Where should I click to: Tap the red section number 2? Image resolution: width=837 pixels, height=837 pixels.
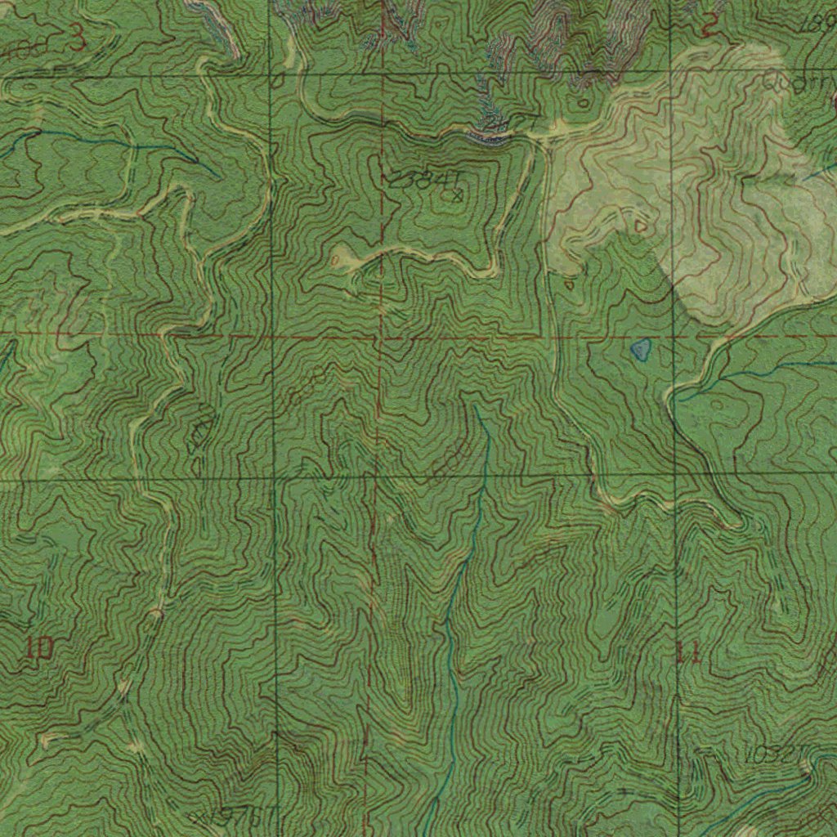coord(709,28)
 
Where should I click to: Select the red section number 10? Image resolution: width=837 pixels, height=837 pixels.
coord(38,649)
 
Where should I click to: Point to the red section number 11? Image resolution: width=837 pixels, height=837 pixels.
coord(687,653)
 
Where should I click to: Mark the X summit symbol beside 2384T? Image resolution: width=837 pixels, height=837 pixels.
coord(458,195)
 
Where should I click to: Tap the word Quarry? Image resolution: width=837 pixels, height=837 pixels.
coord(797,83)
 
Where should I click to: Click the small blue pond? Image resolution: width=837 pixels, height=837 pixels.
coord(641,350)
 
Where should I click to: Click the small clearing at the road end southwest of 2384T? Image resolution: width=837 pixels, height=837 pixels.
coord(343,257)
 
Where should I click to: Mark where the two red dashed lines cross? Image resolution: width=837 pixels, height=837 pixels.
coord(380,335)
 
